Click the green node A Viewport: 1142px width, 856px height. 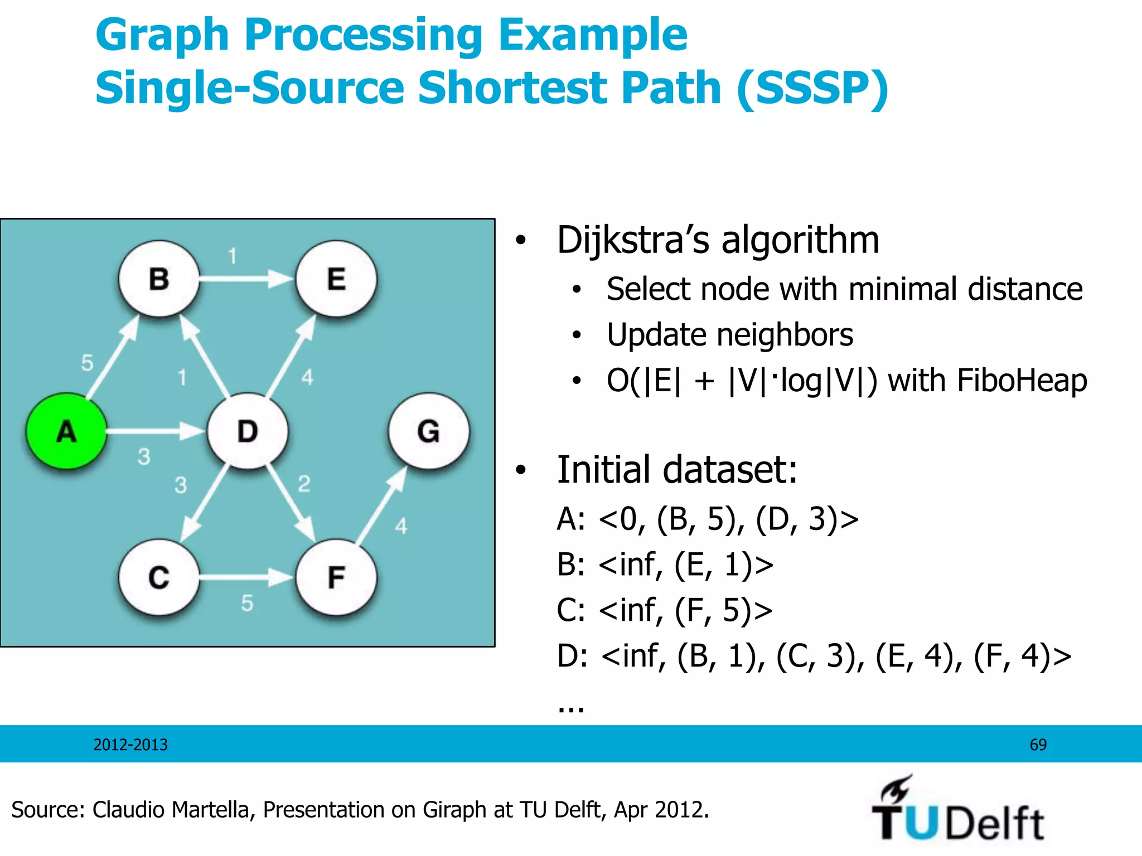coord(66,431)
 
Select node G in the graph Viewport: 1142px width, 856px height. coord(428,431)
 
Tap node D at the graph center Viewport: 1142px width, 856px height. coord(248,431)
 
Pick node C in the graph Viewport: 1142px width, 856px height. coord(159,577)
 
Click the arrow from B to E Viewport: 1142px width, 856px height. coord(245,278)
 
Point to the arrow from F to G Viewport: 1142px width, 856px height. coord(382,505)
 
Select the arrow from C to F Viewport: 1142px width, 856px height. coord(245,577)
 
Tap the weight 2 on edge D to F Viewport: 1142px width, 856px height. coord(304,483)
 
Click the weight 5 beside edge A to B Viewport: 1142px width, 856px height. coord(87,363)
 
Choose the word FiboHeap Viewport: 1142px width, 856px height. coord(1022,381)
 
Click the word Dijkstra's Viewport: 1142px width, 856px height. coord(633,240)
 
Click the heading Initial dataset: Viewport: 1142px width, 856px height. coord(677,469)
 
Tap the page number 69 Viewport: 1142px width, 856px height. coord(1038,745)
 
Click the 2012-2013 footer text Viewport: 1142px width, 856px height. coord(130,745)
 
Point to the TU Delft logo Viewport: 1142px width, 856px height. coord(957,810)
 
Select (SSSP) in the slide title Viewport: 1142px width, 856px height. coord(812,88)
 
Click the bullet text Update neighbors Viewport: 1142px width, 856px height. coord(729,335)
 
